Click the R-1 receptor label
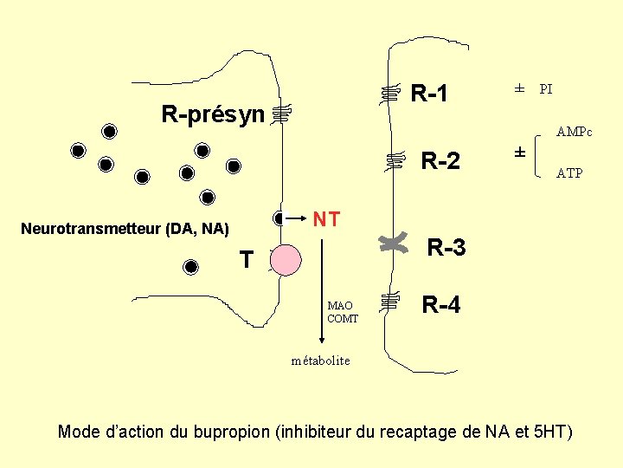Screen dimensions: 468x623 (x=429, y=93)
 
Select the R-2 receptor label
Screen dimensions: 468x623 (x=440, y=161)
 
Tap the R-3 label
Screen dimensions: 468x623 (x=446, y=248)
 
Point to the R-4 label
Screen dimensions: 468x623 (x=441, y=304)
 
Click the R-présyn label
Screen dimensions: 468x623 (x=213, y=114)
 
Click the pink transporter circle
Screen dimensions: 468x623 (x=286, y=259)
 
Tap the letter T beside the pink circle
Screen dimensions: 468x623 (x=247, y=259)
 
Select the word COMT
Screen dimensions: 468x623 (x=343, y=318)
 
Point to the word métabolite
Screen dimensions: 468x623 (x=320, y=361)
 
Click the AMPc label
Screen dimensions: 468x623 (x=575, y=133)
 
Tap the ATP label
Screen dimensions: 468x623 (x=569, y=173)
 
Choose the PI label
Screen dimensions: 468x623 (x=546, y=88)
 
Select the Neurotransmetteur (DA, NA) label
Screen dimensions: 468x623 (x=125, y=229)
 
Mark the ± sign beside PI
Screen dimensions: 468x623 (x=519, y=88)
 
